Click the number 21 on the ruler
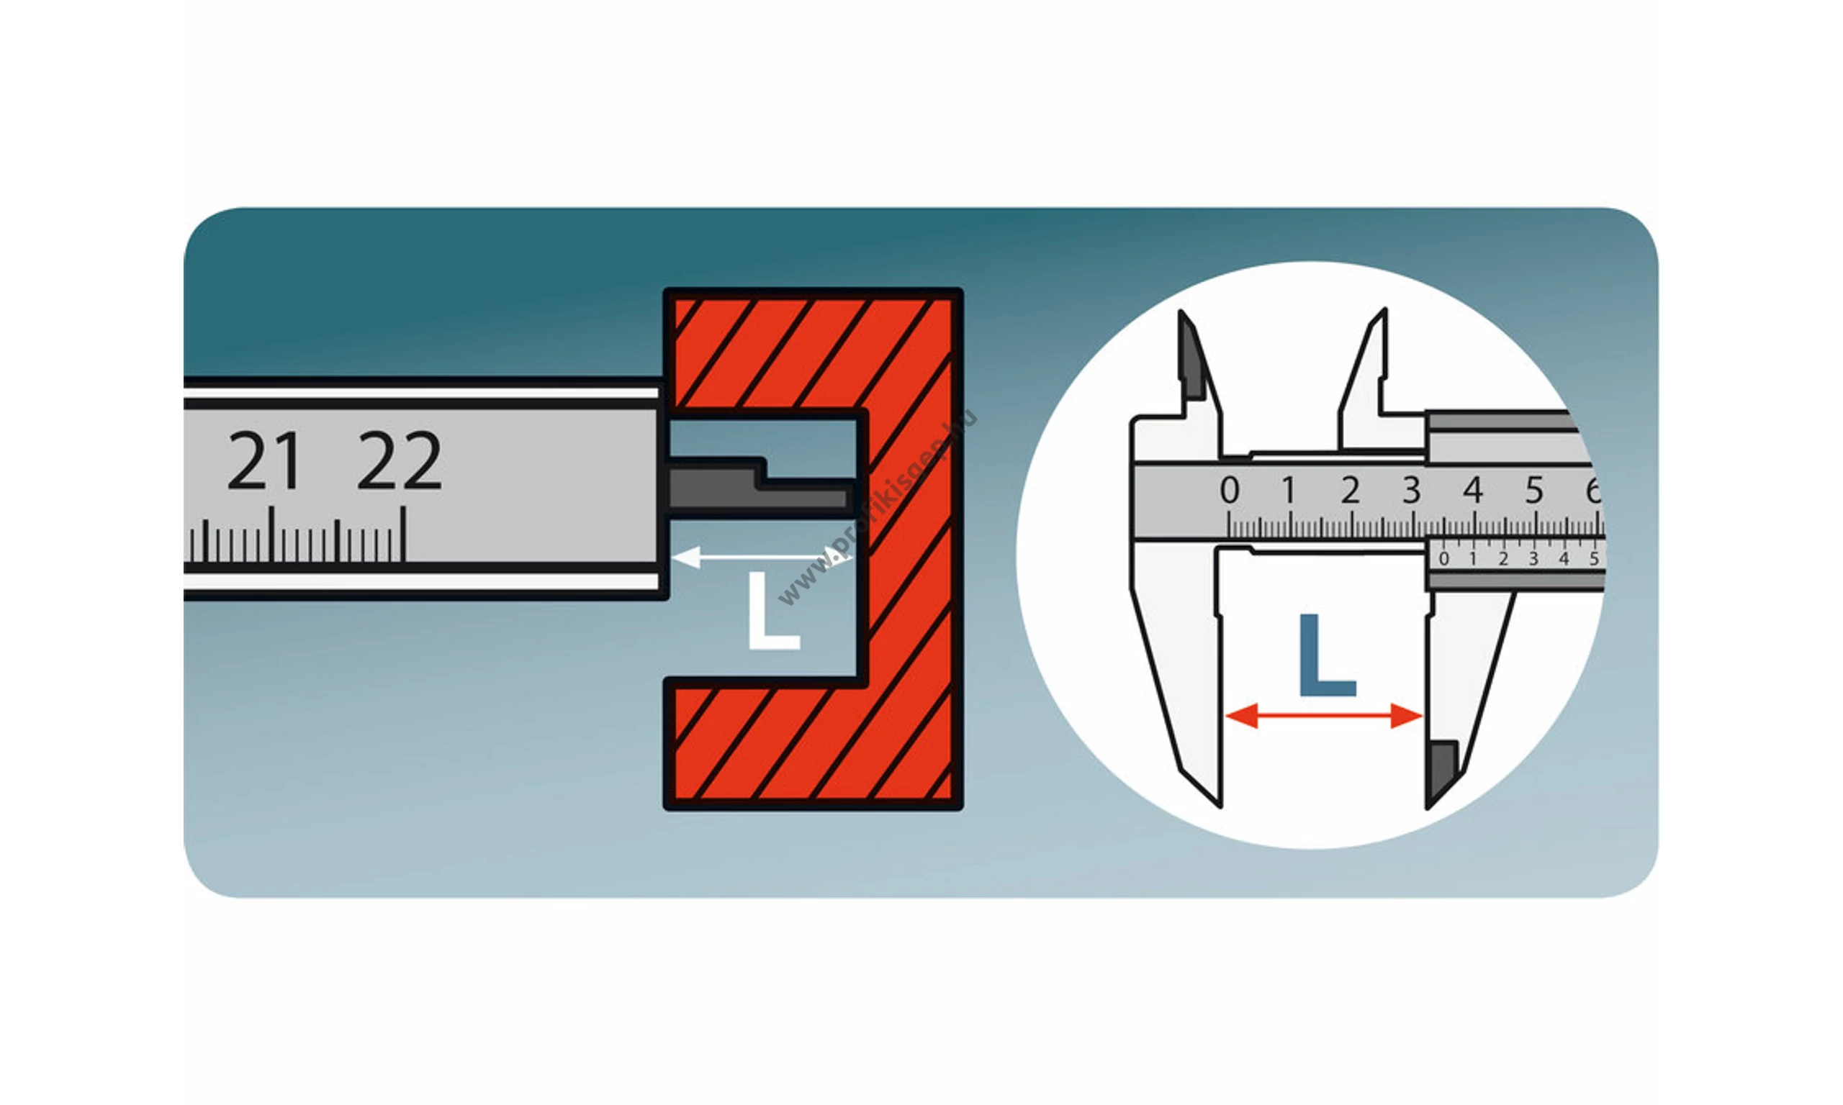point(263,461)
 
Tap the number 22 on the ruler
point(400,461)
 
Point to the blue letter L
point(1325,655)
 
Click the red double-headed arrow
point(1324,716)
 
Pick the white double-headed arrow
point(760,556)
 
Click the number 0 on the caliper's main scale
point(1229,491)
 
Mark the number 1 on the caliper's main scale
point(1289,491)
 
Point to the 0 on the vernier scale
point(1443,558)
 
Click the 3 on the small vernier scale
point(1533,558)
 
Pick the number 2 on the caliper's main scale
point(1350,491)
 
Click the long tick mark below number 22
point(403,533)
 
